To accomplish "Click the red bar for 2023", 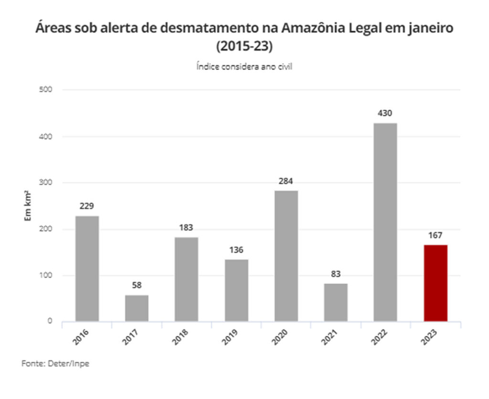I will pos(436,283).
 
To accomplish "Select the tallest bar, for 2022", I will pos(385,222).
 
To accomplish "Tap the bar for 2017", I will pos(137,308).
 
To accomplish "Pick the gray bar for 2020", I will pos(286,256).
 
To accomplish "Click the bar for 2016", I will pos(87,269).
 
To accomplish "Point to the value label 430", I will pos(385,114).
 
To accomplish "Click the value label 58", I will pos(137,286).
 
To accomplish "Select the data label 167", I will pos(436,236).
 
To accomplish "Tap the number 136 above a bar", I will pos(236,250).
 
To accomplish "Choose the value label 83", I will pos(336,274).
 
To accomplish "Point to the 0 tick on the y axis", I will pos(50,321).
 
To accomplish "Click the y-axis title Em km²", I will pos(28,206).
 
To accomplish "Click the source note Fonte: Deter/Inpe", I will pos(55,364).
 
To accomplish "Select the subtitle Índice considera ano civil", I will pos(244,67).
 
